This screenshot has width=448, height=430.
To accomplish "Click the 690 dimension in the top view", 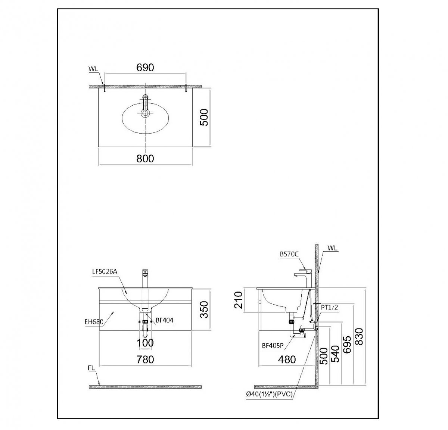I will tap(145, 68).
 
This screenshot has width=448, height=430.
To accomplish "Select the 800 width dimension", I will tap(145, 159).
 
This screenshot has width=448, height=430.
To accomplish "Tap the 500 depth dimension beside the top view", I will tap(205, 117).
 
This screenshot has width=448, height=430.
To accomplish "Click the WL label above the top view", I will tap(94, 69).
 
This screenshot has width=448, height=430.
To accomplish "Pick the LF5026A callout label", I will tap(105, 271).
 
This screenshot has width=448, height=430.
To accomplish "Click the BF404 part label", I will tap(165, 320).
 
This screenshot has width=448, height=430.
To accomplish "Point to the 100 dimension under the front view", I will tap(145, 343).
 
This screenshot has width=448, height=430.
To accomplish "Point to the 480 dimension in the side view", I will tap(287, 359).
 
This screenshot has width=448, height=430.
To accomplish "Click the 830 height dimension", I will tap(359, 338).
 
